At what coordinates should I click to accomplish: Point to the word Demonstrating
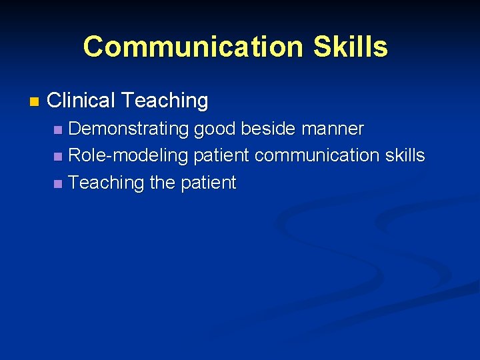pyautogui.click(x=128, y=129)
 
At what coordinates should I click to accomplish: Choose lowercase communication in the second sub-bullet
pyautogui.click(x=317, y=155)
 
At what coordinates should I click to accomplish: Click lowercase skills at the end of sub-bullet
pyautogui.click(x=405, y=155)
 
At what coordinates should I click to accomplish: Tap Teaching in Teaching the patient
pyautogui.click(x=106, y=183)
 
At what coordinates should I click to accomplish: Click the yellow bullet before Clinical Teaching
pyautogui.click(x=35, y=102)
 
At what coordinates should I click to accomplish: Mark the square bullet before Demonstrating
pyautogui.click(x=59, y=129)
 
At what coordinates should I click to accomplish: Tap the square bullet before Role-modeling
pyautogui.click(x=59, y=157)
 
